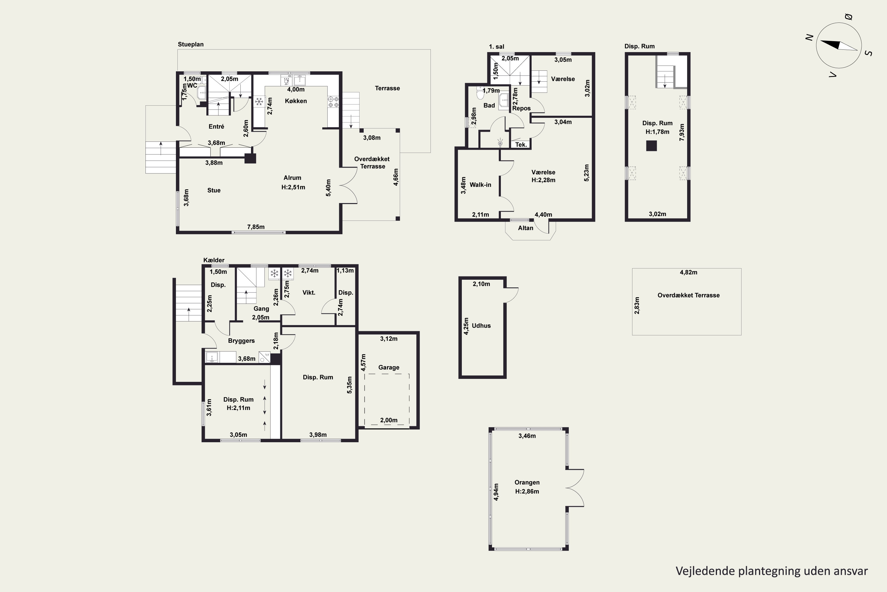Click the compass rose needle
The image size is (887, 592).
click(x=839, y=45)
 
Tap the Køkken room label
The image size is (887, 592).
click(x=296, y=101)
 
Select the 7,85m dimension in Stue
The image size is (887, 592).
click(x=256, y=227)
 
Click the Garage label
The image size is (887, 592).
click(x=389, y=367)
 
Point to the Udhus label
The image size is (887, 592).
click(x=481, y=325)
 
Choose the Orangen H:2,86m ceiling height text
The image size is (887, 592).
click(x=527, y=491)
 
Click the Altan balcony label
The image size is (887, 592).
click(x=525, y=228)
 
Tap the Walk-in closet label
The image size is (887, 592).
click(x=480, y=185)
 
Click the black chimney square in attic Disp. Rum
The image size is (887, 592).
click(x=651, y=146)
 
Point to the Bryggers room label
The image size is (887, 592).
click(x=241, y=341)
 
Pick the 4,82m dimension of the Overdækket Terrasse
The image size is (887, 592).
click(x=688, y=272)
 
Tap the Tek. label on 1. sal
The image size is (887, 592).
click(x=521, y=145)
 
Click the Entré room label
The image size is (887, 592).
click(x=216, y=126)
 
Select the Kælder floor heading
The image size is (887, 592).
click(x=214, y=260)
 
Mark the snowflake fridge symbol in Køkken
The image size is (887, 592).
click(x=259, y=101)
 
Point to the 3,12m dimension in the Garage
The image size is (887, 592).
click(x=389, y=339)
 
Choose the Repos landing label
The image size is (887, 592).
click(x=521, y=108)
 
